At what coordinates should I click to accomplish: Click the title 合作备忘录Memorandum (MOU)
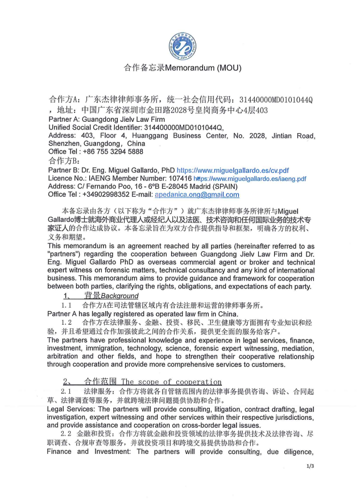click(183, 68)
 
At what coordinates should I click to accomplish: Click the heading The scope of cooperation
click(171, 382)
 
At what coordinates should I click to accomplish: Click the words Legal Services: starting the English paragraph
click(72, 409)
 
